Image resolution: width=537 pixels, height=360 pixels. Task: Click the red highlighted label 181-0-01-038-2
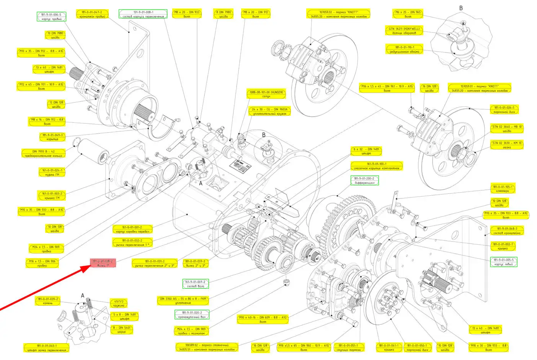[103, 263]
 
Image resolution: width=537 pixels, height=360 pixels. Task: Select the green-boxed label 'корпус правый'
[51, 16]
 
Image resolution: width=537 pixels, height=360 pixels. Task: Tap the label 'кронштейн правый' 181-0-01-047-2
[92, 15]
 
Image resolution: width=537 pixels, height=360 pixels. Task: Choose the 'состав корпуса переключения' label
[143, 15]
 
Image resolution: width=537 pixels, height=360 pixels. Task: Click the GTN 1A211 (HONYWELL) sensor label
[404, 31]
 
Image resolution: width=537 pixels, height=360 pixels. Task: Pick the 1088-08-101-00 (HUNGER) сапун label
[266, 94]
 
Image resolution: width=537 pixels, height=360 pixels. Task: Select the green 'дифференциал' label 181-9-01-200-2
[364, 181]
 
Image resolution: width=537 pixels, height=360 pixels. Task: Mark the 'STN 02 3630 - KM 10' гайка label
[507, 145]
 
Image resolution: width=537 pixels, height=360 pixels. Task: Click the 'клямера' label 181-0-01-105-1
[502, 189]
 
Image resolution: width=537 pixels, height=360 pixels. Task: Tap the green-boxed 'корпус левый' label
[503, 262]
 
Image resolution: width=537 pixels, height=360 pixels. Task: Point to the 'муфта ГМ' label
[52, 172]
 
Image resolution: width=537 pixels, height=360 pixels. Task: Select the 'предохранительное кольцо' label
[43, 154]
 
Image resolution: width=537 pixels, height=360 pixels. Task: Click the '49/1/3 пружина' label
[119, 303]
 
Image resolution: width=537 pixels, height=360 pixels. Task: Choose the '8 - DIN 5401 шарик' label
[121, 330]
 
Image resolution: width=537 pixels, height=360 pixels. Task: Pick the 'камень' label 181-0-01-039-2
[48, 301]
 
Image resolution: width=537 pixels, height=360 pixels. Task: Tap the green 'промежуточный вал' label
[192, 315]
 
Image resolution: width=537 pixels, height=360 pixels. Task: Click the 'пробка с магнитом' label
[191, 331]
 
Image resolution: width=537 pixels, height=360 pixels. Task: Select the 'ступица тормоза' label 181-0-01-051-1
[348, 347]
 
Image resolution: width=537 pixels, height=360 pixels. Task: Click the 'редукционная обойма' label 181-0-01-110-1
[404, 49]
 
